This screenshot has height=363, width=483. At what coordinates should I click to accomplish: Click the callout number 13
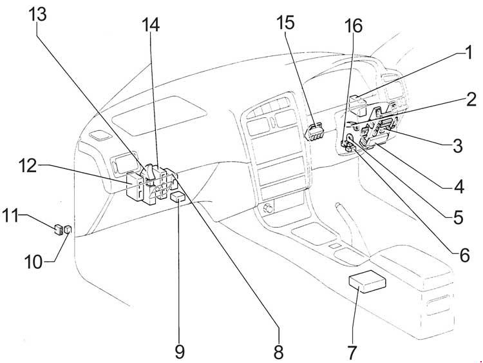click(x=38, y=14)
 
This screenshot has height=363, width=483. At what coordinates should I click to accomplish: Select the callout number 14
click(x=151, y=25)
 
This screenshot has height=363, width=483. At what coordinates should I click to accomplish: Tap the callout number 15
click(x=285, y=23)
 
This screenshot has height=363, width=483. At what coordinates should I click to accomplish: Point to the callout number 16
click(x=354, y=26)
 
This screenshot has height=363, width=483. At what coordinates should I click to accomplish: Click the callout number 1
click(x=469, y=52)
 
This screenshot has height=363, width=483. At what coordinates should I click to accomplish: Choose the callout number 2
click(x=471, y=99)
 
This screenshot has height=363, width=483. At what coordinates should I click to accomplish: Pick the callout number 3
click(x=457, y=145)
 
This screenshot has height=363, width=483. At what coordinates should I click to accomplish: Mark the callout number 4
click(x=459, y=186)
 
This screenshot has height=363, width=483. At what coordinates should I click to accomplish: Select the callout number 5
click(x=458, y=217)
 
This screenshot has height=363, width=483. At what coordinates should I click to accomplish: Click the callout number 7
click(x=352, y=352)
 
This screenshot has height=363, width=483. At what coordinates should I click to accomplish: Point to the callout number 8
click(x=278, y=352)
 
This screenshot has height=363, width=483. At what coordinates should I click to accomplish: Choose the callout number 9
click(x=180, y=351)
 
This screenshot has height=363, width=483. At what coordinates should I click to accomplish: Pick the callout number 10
click(x=33, y=262)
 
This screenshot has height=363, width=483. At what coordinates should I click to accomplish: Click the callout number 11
click(x=10, y=215)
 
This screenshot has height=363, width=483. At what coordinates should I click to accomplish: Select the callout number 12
click(x=28, y=166)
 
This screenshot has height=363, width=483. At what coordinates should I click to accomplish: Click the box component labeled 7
click(x=367, y=281)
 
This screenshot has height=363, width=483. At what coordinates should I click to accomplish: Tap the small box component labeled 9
click(x=178, y=197)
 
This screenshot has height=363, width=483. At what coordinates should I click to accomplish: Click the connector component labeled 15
click(x=314, y=132)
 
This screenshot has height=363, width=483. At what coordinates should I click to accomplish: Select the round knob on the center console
click(x=269, y=210)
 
